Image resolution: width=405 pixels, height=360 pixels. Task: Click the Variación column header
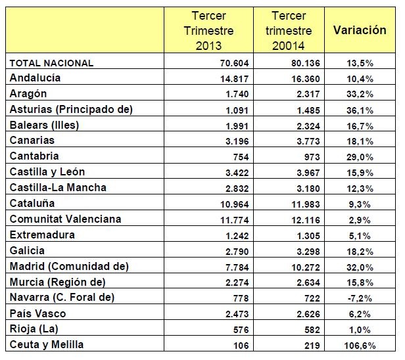360,30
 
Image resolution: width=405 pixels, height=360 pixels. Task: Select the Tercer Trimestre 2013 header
208,30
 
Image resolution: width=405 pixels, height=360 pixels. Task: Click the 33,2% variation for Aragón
361,94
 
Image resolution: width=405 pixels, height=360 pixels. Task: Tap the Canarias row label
32,141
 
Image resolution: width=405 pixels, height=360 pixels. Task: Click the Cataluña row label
33,204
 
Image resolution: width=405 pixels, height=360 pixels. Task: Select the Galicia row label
27,250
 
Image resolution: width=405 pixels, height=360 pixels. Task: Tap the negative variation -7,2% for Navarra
362,298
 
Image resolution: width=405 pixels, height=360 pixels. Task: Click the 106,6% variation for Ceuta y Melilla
360,345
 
